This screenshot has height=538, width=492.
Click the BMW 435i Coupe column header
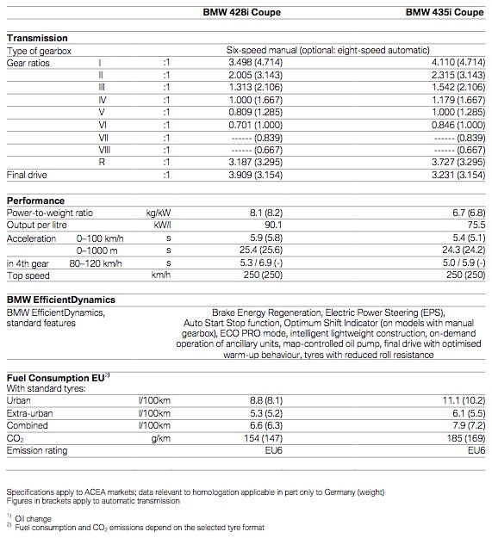445,12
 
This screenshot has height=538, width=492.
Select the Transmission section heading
37,39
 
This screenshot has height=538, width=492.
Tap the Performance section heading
35,201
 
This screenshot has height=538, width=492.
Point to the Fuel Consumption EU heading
57,377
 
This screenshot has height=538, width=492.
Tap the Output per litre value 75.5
472,225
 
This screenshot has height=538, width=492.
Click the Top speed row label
28,275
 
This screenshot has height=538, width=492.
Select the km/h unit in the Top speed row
160,275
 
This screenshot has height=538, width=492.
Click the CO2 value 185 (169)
461,437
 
